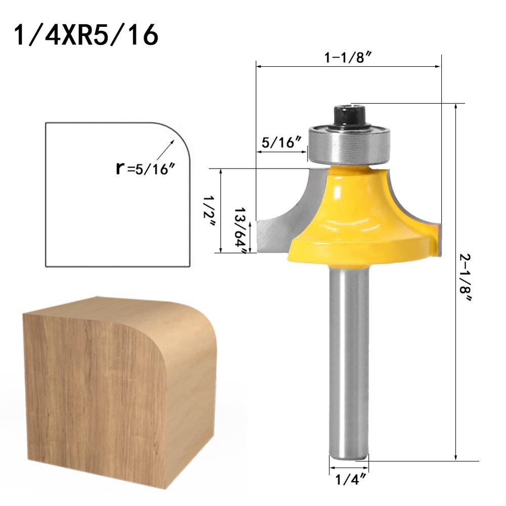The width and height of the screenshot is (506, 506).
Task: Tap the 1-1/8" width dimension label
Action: coord(349,58)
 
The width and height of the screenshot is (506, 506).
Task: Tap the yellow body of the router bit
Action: coord(354,213)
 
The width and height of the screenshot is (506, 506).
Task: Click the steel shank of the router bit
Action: coord(349,354)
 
